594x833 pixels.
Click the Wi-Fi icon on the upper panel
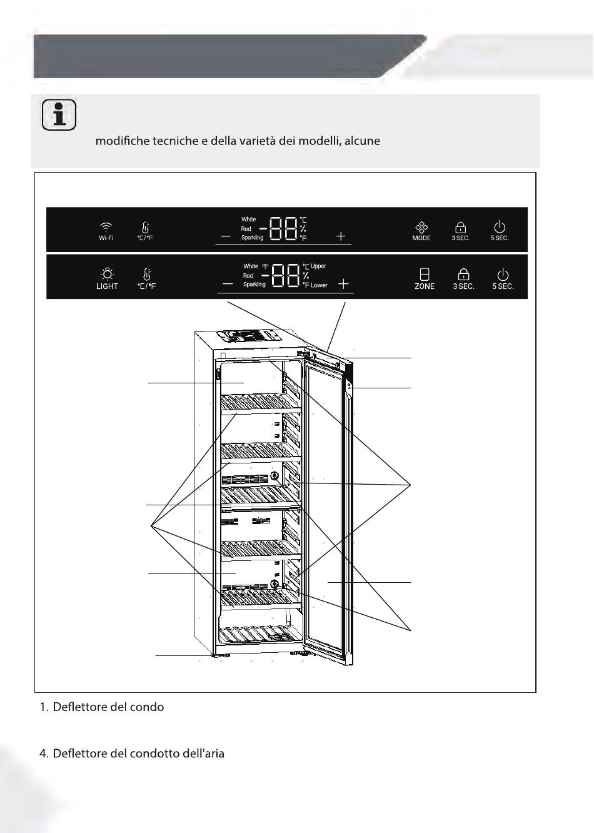(106, 226)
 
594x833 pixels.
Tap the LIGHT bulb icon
(107, 274)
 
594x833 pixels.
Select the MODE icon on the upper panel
(421, 227)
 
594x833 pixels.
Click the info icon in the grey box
(59, 114)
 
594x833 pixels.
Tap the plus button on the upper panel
(341, 236)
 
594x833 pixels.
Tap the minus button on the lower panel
(228, 284)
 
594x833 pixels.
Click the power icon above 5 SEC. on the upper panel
(499, 226)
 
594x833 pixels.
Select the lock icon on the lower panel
(463, 275)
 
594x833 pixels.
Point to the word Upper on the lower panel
(318, 266)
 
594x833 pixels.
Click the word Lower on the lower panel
(319, 285)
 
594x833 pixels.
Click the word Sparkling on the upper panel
(252, 237)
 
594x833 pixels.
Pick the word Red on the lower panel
(248, 276)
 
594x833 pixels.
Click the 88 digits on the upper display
(284, 228)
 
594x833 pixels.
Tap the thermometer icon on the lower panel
(147, 274)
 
